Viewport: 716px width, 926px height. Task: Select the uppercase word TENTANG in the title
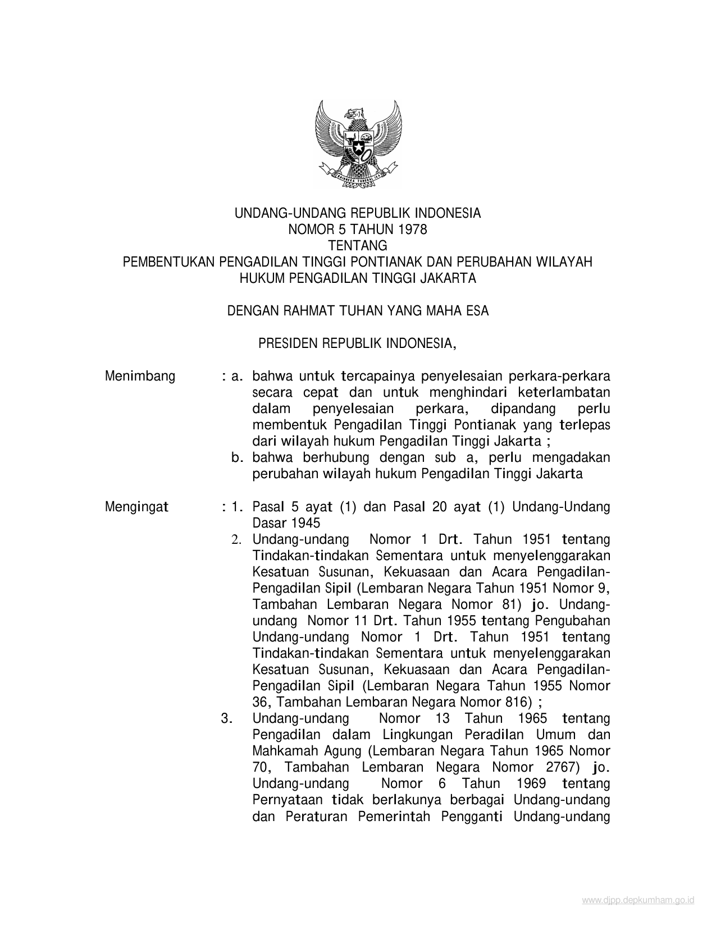point(358,246)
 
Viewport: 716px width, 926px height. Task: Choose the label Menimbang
point(140,376)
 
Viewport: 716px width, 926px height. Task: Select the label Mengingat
point(137,507)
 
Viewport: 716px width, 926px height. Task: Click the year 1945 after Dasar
point(305,523)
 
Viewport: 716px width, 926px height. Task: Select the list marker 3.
point(227,718)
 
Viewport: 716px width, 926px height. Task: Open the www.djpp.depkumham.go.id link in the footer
point(638,900)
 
